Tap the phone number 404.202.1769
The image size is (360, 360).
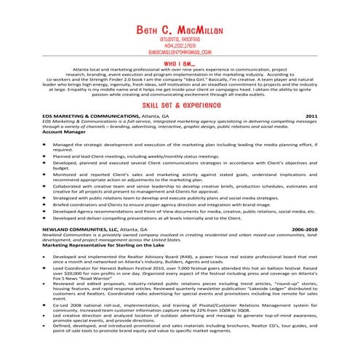coord(180,47)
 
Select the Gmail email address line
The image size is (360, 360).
coord(180,53)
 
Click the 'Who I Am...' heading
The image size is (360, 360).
coord(180,64)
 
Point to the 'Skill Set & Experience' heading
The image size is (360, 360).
coord(180,105)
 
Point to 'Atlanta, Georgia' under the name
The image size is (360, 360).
coord(180,40)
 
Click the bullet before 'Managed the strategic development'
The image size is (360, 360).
coord(47,145)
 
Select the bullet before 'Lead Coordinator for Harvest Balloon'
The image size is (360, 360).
coord(47,268)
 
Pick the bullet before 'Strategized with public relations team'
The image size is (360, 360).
coord(47,197)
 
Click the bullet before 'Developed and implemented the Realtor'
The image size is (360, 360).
coord(47,257)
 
